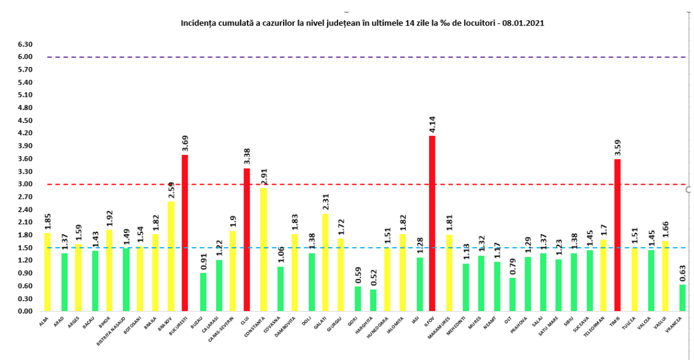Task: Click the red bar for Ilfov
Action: click(432, 224)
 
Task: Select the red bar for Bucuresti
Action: click(185, 233)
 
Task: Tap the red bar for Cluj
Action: click(247, 239)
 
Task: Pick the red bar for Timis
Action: click(617, 235)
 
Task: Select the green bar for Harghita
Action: click(373, 300)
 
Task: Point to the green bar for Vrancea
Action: click(682, 298)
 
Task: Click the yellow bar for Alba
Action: click(47, 272)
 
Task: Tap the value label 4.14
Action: click(432, 126)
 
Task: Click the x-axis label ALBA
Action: click(45, 320)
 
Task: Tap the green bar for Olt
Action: click(512, 294)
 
